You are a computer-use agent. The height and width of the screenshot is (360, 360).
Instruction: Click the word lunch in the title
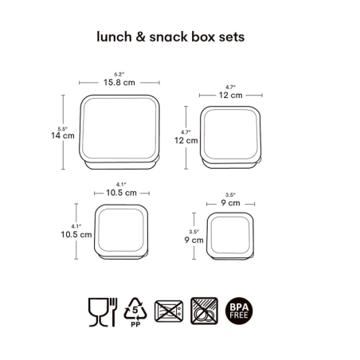click(114, 37)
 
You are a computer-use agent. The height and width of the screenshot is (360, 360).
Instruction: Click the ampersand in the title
click(140, 37)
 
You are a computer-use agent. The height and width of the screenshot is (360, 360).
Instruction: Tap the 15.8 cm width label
click(119, 82)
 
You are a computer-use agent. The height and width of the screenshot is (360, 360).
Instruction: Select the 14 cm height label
click(63, 135)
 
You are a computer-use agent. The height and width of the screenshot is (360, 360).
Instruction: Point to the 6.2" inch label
click(119, 74)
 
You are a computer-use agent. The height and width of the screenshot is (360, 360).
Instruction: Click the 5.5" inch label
click(62, 129)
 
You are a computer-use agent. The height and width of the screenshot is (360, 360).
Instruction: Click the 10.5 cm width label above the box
click(121, 193)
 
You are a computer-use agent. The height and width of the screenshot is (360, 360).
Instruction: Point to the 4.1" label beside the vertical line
click(76, 226)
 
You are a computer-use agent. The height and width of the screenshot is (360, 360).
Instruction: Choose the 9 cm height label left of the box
click(194, 240)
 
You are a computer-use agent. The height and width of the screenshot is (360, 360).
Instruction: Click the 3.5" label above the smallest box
click(230, 195)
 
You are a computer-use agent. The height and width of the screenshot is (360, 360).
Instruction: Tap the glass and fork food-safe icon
click(103, 312)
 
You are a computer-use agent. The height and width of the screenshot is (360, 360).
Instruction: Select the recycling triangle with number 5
click(135, 308)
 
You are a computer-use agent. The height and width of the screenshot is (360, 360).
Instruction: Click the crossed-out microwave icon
click(169, 311)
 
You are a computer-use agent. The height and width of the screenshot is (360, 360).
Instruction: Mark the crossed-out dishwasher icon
click(205, 311)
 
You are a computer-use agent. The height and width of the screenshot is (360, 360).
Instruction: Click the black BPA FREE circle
click(239, 311)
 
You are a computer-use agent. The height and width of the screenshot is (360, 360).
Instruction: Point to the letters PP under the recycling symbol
click(135, 324)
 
